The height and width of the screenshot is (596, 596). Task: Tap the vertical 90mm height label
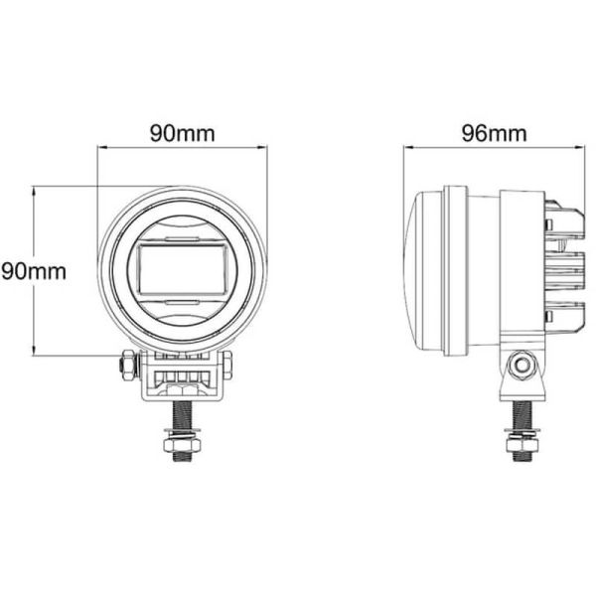[33, 270]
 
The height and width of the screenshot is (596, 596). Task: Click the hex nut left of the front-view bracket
[126, 366]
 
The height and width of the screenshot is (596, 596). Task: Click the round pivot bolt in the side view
[519, 366]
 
